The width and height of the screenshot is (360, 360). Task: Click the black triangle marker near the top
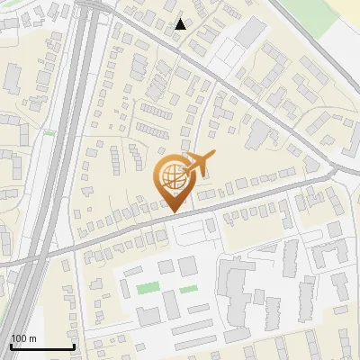[x=181, y=24]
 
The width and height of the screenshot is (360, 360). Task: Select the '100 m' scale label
[x=23, y=338]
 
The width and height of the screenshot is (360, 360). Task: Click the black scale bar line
[x=41, y=346]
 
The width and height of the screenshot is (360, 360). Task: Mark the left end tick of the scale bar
[x=11, y=345]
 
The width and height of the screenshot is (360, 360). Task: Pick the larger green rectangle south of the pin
[x=148, y=288]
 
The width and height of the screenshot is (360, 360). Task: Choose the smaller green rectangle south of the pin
[x=188, y=289]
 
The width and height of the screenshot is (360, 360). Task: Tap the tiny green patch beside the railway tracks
[x=49, y=133]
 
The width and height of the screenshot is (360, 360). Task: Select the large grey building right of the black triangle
[x=250, y=34]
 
